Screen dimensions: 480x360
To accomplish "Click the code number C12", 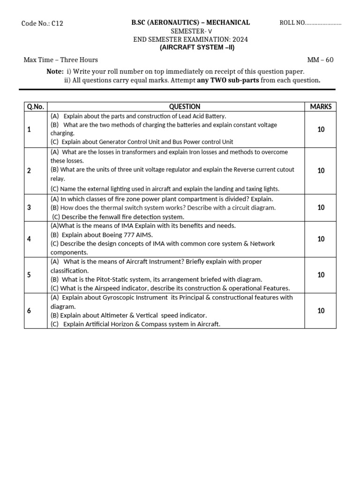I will pos(57,23).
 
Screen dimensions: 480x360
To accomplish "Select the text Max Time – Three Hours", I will pos(61,60).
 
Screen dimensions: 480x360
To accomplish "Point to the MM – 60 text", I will pos(320,60).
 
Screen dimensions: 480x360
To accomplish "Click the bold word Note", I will pos(55,71).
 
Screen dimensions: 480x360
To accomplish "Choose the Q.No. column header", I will pos(36,106).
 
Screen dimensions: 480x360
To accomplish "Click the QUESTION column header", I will pos(185,106).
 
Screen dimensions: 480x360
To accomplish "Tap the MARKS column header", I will pos(321,106).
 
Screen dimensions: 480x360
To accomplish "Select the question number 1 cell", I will pos(29,129).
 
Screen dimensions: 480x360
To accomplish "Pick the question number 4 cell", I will pos(29,239).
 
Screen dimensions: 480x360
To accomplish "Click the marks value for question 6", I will pos(321,310).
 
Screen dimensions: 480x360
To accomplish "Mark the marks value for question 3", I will pos(321,207).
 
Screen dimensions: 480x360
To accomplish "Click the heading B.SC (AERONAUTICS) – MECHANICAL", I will pos(190,22).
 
